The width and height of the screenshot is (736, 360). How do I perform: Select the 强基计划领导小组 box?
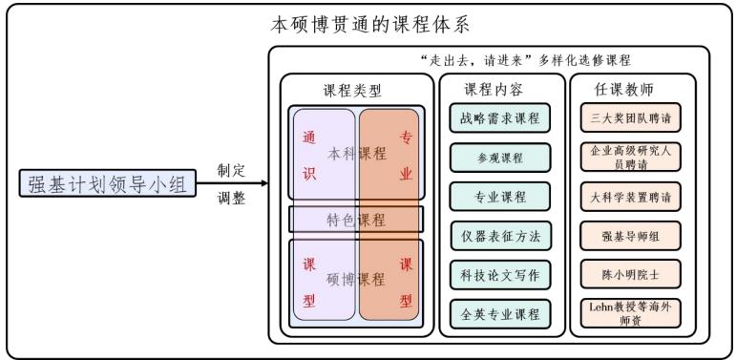109,183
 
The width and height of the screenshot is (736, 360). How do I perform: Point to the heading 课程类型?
352,91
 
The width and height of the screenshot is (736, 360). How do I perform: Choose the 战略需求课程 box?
500,118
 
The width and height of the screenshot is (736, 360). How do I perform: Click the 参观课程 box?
500,158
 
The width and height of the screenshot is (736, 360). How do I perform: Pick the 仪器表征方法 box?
500,236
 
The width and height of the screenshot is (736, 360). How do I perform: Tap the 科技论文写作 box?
500,275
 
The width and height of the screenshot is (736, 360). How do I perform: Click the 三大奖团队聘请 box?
629,118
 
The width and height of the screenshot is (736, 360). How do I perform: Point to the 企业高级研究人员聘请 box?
629,158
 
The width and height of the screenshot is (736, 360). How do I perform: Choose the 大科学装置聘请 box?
629,197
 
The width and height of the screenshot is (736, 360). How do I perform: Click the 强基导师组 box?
629,236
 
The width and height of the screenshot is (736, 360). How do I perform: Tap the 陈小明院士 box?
629,275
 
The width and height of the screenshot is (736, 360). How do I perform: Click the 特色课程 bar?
356,220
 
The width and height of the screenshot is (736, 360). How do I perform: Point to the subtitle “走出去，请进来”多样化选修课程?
525,59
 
